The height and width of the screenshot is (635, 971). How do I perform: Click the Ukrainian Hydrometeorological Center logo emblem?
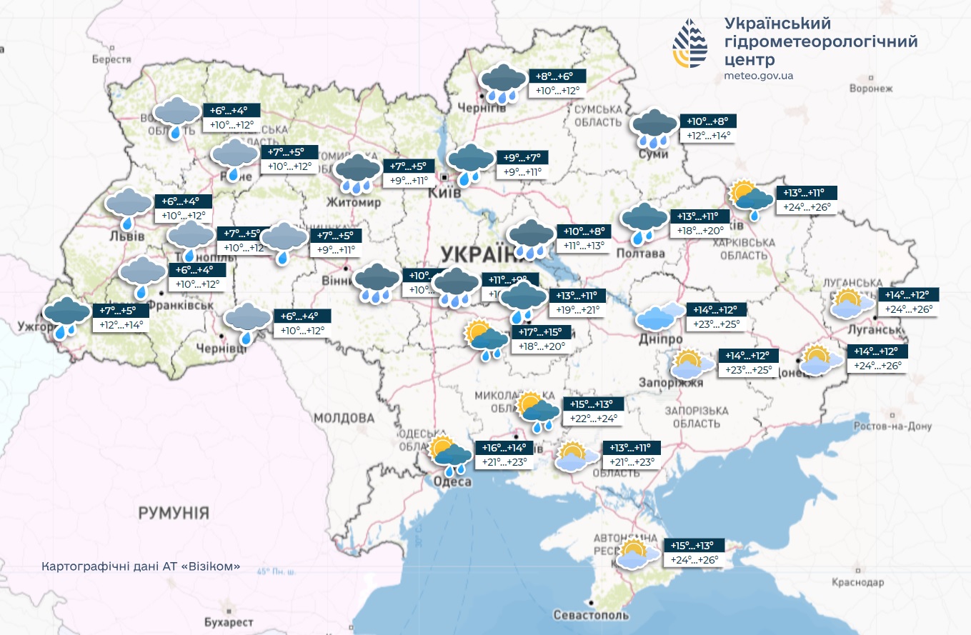click(x=689, y=44)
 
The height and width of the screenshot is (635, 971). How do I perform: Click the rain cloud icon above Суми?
click(x=654, y=127)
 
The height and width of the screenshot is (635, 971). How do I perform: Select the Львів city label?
click(x=127, y=236)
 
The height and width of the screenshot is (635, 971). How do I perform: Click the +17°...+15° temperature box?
click(x=541, y=332)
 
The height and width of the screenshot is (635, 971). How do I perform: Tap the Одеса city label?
click(x=452, y=482)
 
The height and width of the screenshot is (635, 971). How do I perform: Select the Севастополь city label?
click(x=592, y=615)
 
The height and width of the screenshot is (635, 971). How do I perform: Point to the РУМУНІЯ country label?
click(x=174, y=512)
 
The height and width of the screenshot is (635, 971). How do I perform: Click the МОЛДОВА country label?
click(x=344, y=418)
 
